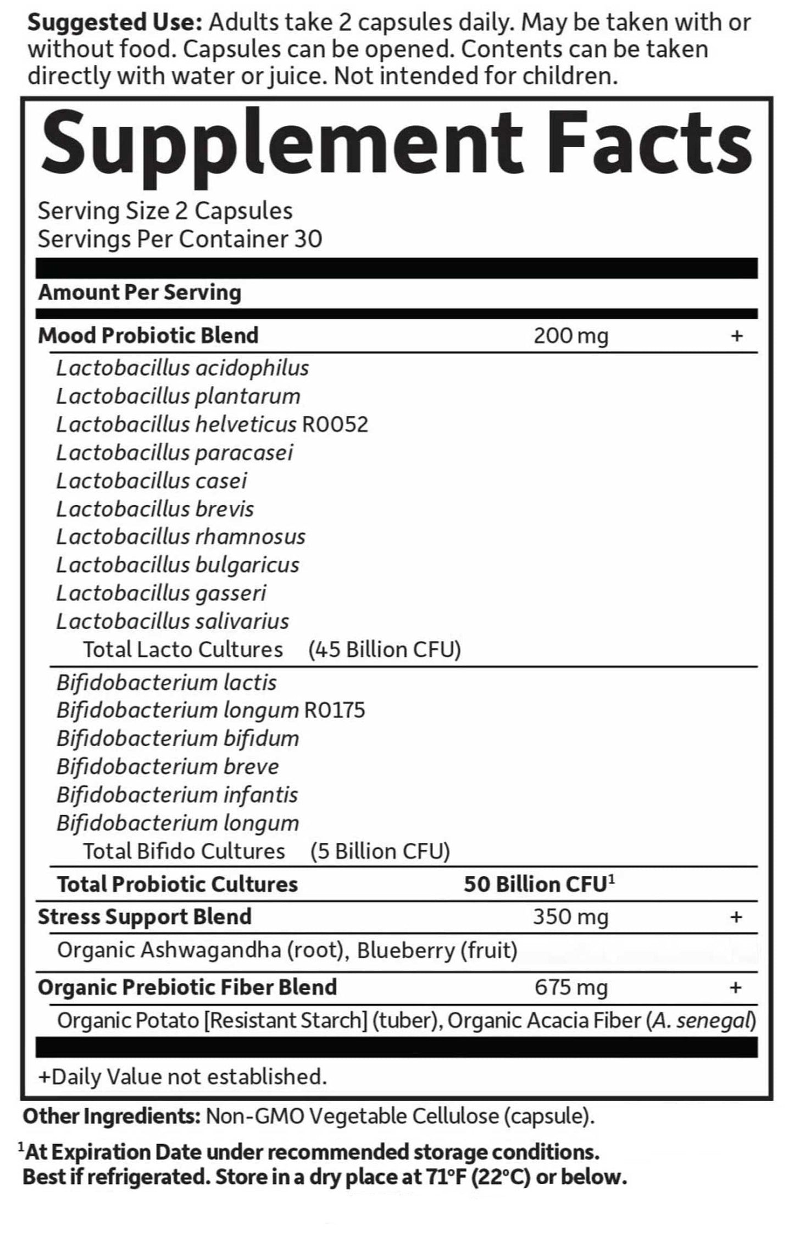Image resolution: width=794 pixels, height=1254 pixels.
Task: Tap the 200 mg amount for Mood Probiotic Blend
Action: coord(570,335)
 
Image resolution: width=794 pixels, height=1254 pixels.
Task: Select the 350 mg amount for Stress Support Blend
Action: coord(570,917)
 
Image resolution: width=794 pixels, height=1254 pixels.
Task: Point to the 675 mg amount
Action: coord(570,987)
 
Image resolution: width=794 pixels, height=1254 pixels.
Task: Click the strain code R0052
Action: coord(335,424)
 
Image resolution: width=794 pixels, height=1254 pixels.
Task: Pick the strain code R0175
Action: coord(334,710)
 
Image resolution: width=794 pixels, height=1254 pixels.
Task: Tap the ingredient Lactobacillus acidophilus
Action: coord(182,368)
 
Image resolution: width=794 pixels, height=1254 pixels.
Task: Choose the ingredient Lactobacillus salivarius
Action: coord(173,621)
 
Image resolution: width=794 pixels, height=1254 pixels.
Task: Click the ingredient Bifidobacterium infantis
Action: coord(177,795)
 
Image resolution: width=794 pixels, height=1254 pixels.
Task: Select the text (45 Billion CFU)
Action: coord(384,650)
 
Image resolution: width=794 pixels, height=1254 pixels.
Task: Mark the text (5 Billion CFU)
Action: coord(380,852)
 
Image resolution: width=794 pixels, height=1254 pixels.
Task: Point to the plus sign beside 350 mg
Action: coord(736,917)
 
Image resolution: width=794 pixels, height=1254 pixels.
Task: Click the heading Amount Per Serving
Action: coord(140,292)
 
